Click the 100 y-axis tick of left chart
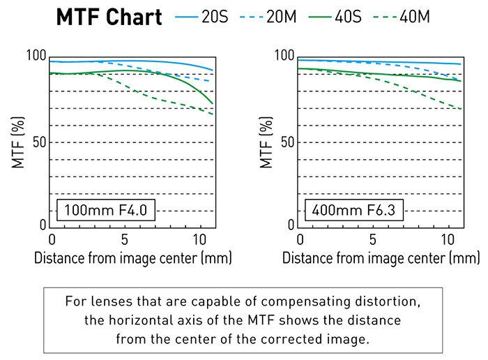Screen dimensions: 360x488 click(36, 57)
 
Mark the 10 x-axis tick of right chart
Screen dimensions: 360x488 click(448, 239)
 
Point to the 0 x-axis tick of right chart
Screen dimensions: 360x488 click(300, 239)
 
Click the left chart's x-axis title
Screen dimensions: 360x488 click(132, 257)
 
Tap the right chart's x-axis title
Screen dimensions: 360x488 click(380, 257)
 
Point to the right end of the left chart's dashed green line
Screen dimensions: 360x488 click(213, 114)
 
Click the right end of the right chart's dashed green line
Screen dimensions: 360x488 click(461, 109)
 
